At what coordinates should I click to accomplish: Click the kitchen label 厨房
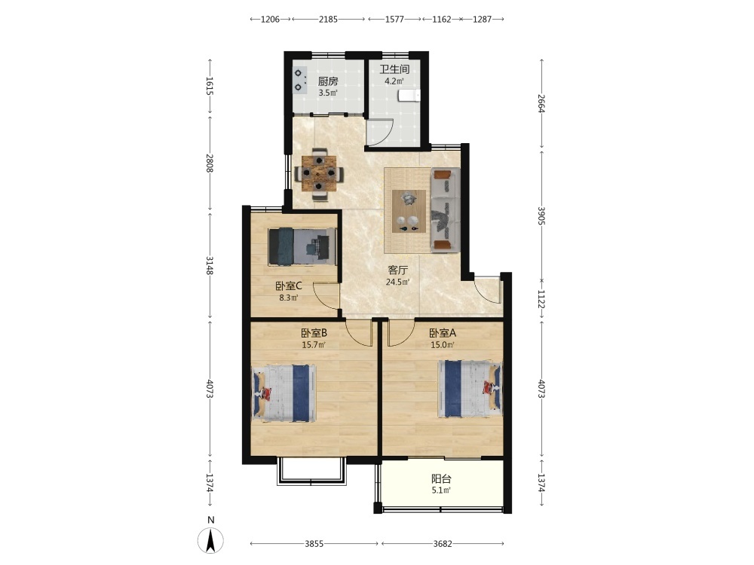click(x=328, y=81)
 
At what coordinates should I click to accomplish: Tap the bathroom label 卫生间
click(x=394, y=69)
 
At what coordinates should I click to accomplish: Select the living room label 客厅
click(x=397, y=270)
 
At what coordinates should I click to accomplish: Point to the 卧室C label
click(x=289, y=286)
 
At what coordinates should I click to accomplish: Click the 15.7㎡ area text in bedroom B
click(x=314, y=344)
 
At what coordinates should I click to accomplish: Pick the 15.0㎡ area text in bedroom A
click(x=443, y=344)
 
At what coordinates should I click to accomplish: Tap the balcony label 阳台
click(x=441, y=478)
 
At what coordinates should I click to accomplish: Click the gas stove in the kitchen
click(x=300, y=80)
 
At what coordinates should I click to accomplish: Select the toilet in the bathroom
click(x=409, y=96)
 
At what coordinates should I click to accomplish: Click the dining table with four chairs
click(x=319, y=174)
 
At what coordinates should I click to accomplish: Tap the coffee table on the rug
click(x=409, y=212)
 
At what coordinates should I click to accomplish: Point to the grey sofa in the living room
click(x=446, y=209)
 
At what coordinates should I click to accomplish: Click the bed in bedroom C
click(x=302, y=246)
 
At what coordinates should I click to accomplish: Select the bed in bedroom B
click(x=284, y=393)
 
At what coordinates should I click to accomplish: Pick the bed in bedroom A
click(x=469, y=389)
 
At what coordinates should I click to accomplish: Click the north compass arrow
click(x=210, y=540)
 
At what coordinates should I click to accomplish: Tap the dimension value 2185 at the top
click(x=329, y=20)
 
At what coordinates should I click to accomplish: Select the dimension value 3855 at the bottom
click(x=314, y=544)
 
